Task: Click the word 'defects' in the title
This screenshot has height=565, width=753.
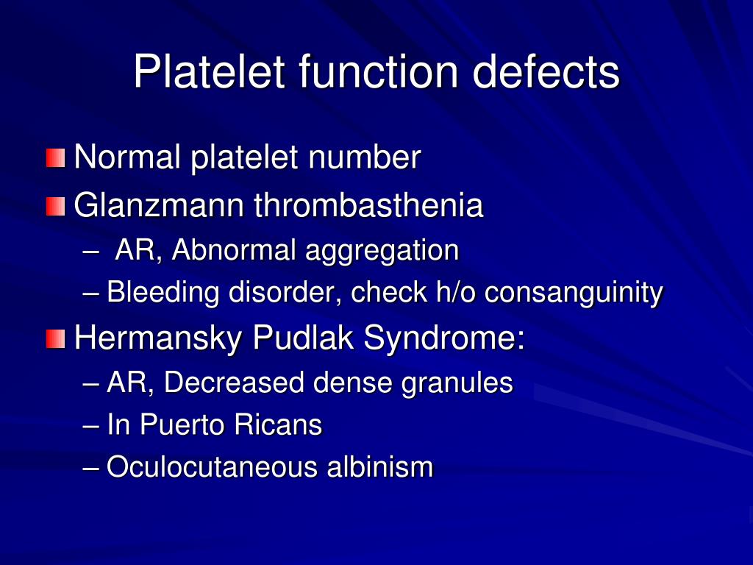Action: (x=546, y=72)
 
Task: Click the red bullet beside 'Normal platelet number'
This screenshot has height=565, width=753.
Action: (x=55, y=158)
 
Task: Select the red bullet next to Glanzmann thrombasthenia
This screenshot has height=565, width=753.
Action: (x=55, y=207)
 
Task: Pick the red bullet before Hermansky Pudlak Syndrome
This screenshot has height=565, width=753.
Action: (x=55, y=339)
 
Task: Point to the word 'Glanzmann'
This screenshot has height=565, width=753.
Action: (x=160, y=206)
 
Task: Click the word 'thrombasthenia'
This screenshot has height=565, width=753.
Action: (x=368, y=206)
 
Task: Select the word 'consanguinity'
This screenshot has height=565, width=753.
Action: (x=574, y=294)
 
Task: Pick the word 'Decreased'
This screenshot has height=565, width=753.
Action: (x=234, y=383)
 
